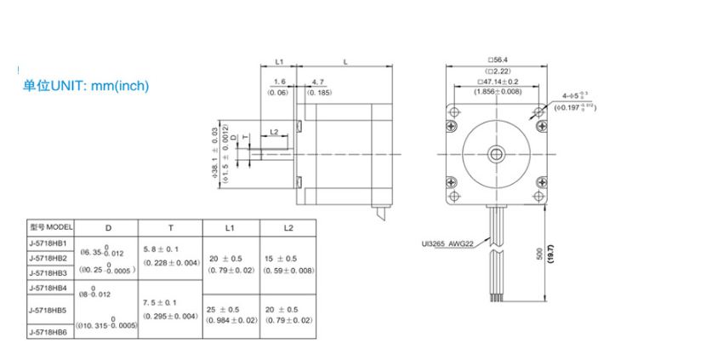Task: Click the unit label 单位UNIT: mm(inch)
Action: click(x=86, y=86)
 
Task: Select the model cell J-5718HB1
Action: click(x=48, y=243)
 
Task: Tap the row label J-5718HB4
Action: click(x=48, y=288)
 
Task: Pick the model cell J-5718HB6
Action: click(x=48, y=332)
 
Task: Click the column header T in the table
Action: click(x=170, y=228)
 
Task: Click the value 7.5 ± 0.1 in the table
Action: click(x=160, y=302)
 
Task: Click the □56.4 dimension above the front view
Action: click(x=497, y=60)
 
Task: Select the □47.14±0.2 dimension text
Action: click(x=498, y=82)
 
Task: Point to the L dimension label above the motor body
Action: click(x=344, y=61)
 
